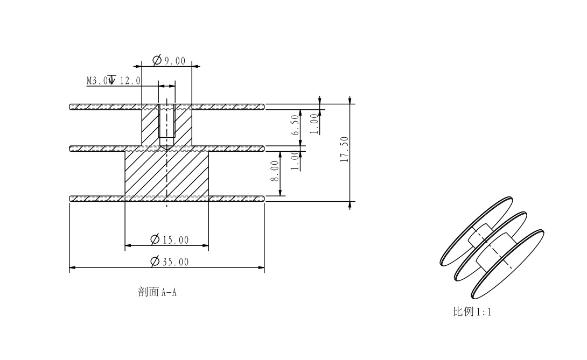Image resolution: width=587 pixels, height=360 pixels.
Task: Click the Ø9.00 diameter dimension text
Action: [169, 60]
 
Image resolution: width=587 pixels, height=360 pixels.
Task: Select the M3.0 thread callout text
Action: [97, 81]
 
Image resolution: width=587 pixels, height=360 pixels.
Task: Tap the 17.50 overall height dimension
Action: [345, 149]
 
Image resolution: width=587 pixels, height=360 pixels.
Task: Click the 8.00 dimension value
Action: [275, 171]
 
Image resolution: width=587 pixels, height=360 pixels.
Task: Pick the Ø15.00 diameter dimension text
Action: [170, 239]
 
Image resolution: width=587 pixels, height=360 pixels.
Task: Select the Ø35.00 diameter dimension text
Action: [170, 262]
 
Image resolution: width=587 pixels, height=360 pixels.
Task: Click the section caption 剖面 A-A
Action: [157, 293]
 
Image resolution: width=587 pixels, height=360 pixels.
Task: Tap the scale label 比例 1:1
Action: [472, 312]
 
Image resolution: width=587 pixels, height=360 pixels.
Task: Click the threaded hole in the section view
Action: [167, 125]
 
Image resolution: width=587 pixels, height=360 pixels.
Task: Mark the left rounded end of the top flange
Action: [72, 107]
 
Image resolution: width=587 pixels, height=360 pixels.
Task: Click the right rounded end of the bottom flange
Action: [263, 199]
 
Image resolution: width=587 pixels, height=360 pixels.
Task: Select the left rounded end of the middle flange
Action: [72, 149]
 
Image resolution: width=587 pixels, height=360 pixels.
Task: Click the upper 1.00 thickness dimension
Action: [315, 123]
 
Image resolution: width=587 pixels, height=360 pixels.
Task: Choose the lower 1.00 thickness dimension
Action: [294, 160]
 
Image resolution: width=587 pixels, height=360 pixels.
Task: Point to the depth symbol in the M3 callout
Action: [111, 80]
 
